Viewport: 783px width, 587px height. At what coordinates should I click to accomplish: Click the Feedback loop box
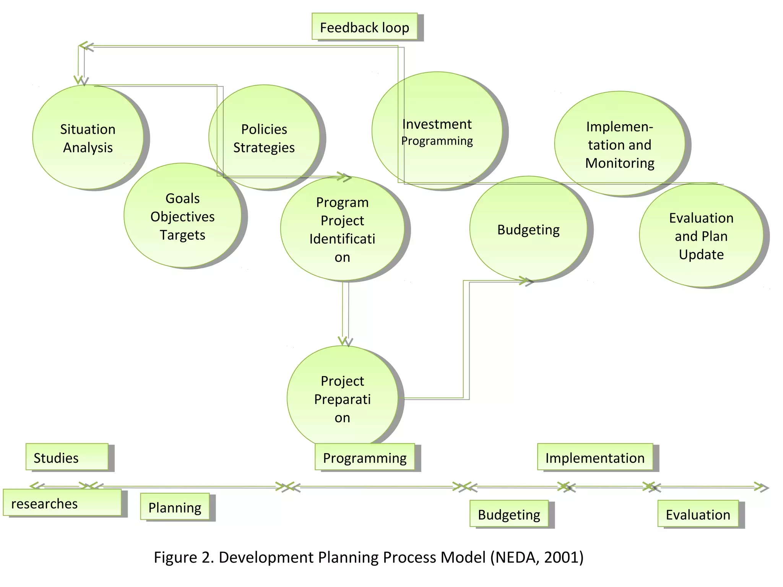pyautogui.click(x=365, y=27)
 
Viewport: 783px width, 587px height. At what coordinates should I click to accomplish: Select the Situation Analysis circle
pyautogui.click(x=88, y=138)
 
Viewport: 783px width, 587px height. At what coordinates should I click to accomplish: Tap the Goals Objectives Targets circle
pyautogui.click(x=182, y=216)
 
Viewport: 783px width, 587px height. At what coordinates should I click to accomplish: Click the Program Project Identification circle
pyautogui.click(x=342, y=229)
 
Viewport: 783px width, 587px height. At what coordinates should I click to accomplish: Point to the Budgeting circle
pyautogui.click(x=528, y=229)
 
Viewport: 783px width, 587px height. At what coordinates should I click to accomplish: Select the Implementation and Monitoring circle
pyautogui.click(x=619, y=144)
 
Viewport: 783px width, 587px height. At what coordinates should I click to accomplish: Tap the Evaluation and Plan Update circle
pyautogui.click(x=701, y=236)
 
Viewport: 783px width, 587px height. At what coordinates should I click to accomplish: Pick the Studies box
pyautogui.click(x=67, y=457)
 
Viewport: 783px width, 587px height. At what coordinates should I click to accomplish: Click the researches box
pyautogui.click(x=62, y=503)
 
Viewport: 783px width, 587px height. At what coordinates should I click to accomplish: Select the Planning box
pyautogui.click(x=175, y=507)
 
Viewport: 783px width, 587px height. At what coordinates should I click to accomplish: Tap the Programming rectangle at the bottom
pyautogui.click(x=365, y=457)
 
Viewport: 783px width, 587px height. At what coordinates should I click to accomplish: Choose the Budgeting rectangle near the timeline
pyautogui.click(x=509, y=514)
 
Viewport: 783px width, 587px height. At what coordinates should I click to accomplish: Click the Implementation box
pyautogui.click(x=595, y=457)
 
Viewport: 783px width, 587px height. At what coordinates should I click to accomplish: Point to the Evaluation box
pyautogui.click(x=698, y=514)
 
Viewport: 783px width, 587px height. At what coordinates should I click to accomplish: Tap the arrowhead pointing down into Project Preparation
pyautogui.click(x=344, y=341)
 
